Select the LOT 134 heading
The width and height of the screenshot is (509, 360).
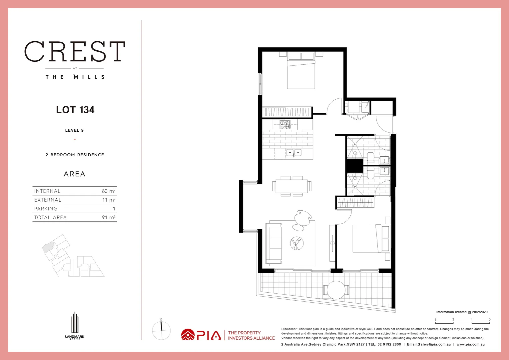coord(75,110)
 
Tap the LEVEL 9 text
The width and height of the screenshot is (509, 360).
coord(74,130)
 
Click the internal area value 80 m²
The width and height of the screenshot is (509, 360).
coord(109,191)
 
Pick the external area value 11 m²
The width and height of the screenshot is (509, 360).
coord(109,200)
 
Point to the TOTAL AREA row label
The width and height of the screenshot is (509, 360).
coord(50,217)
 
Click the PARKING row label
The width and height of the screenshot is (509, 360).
coord(46,209)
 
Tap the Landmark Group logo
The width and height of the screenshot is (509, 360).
coord(75,325)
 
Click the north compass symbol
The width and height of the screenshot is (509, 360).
coord(161,330)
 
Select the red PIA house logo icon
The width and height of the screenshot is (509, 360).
coord(188,335)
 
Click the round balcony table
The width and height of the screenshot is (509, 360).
coord(336,290)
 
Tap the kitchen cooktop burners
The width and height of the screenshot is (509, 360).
coord(285,125)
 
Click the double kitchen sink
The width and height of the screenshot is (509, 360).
coord(294,153)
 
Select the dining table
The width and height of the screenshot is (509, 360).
coord(291,186)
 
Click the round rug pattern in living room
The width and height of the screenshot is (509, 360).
coord(296,243)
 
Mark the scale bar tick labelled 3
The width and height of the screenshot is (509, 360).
coord(435,320)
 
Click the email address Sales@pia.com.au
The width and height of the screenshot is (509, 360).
coord(429,344)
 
